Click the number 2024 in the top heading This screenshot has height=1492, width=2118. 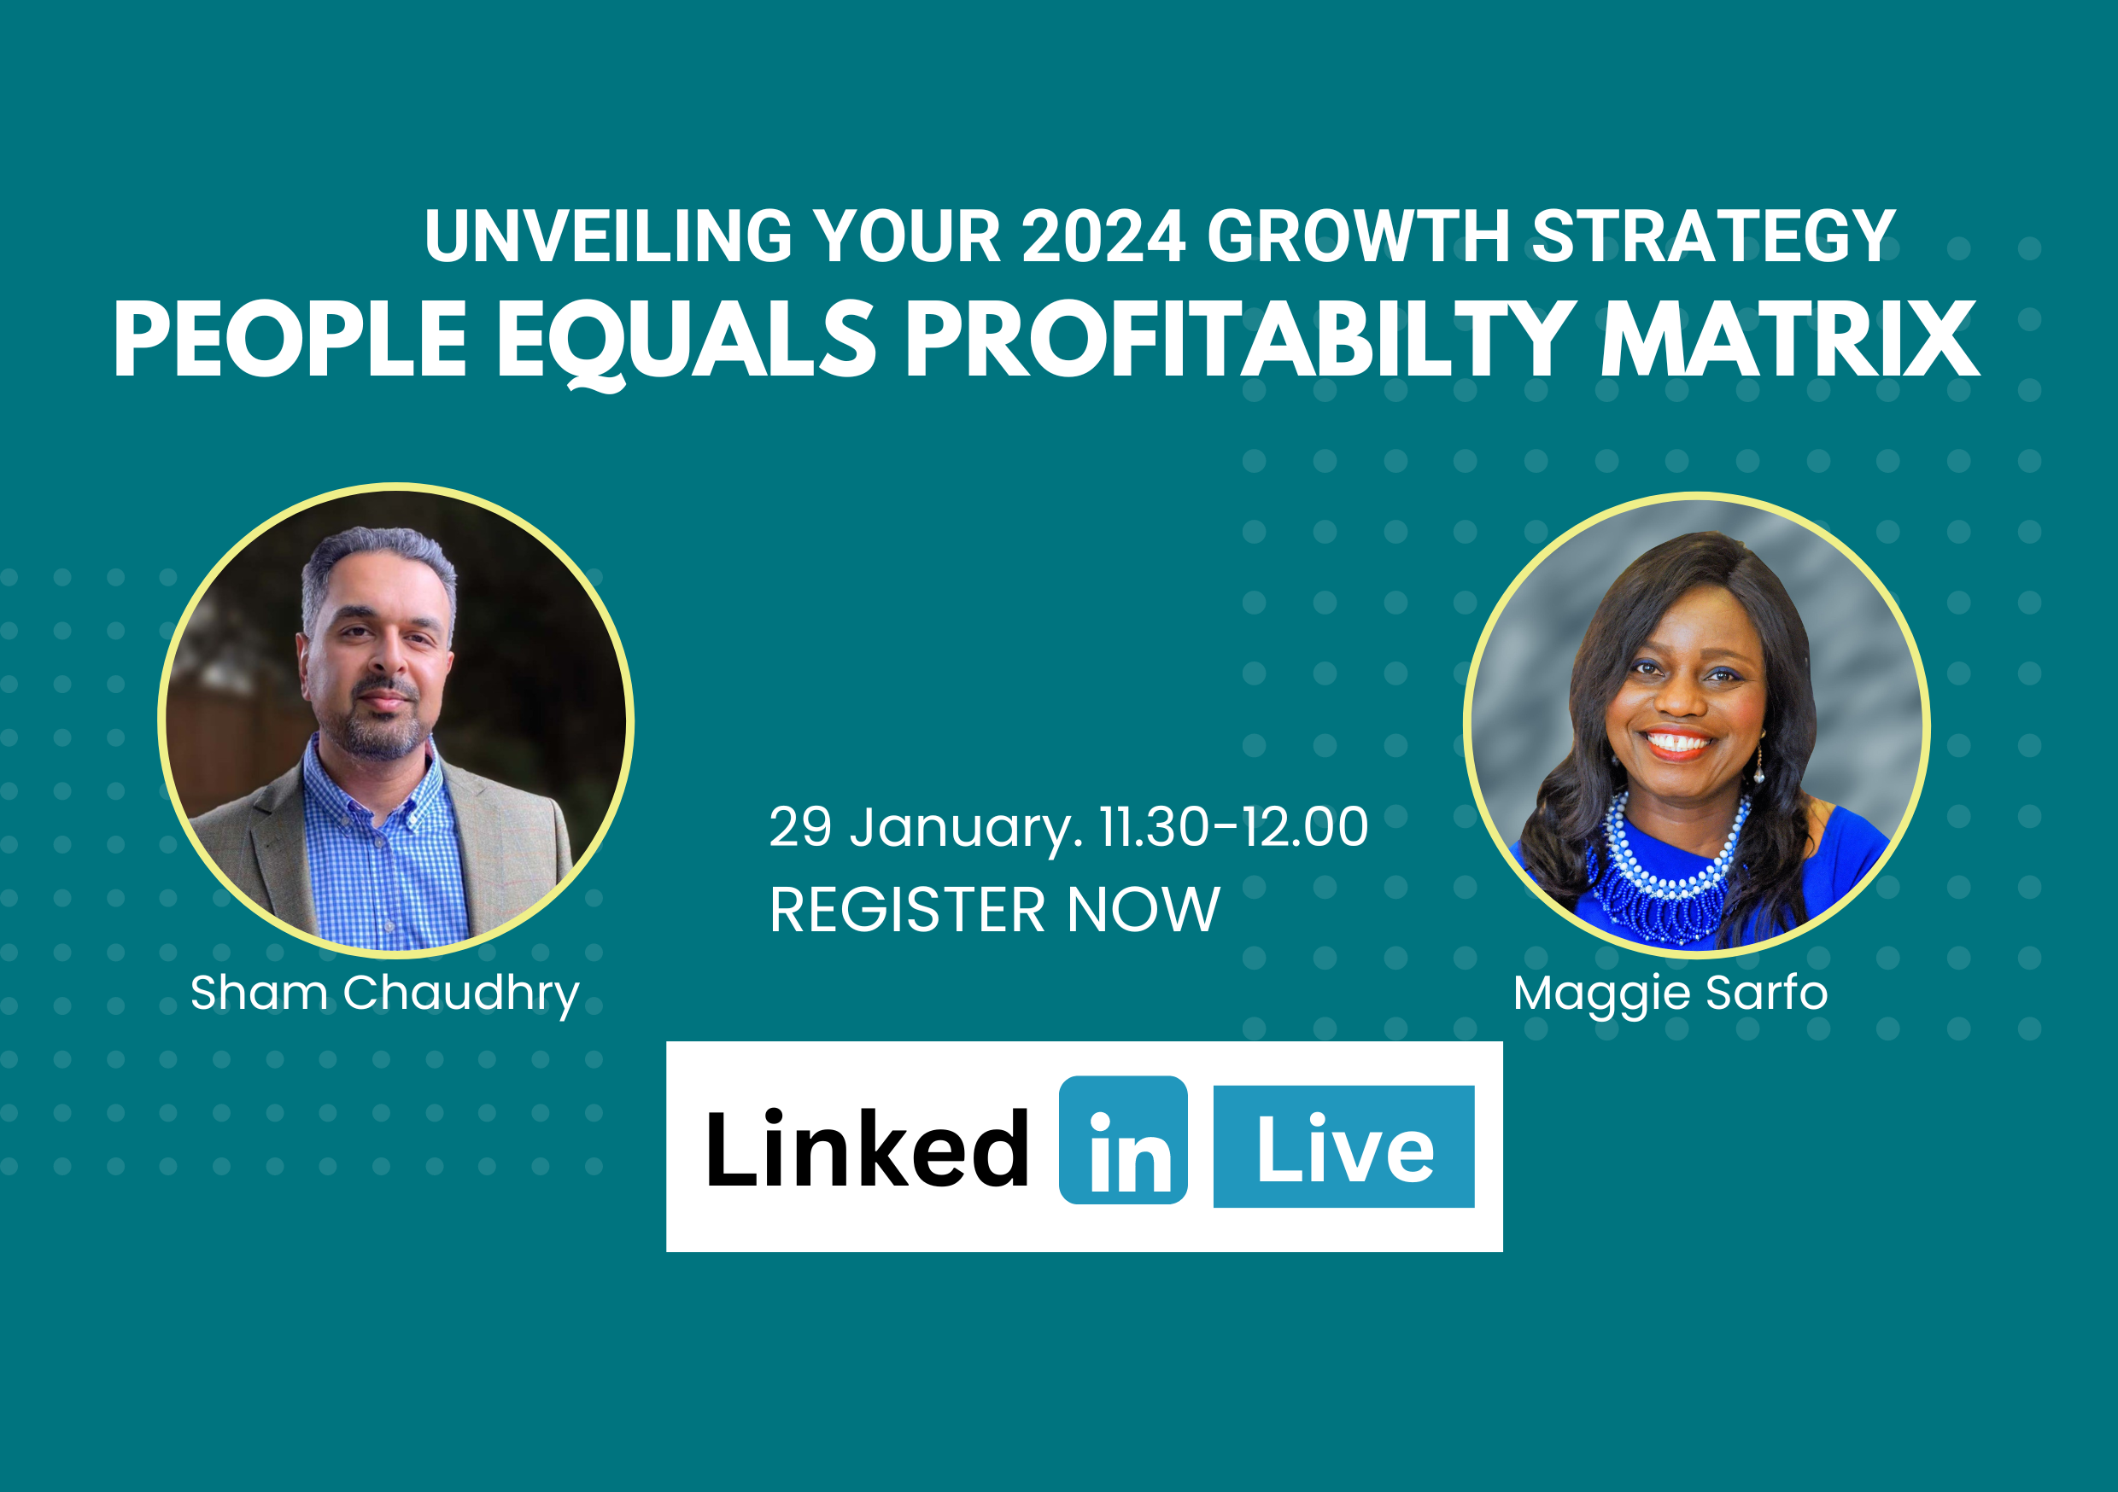1103,236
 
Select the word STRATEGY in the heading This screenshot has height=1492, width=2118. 1713,236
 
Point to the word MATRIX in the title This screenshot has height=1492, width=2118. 1789,340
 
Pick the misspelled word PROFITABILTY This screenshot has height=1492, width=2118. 1241,340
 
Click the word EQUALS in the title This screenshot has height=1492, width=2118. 687,343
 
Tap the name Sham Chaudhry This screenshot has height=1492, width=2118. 384,995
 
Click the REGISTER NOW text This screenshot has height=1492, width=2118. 994,910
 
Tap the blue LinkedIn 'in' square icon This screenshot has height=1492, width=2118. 1123,1139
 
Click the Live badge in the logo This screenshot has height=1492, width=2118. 1343,1146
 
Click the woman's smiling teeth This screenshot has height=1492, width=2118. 1678,742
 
